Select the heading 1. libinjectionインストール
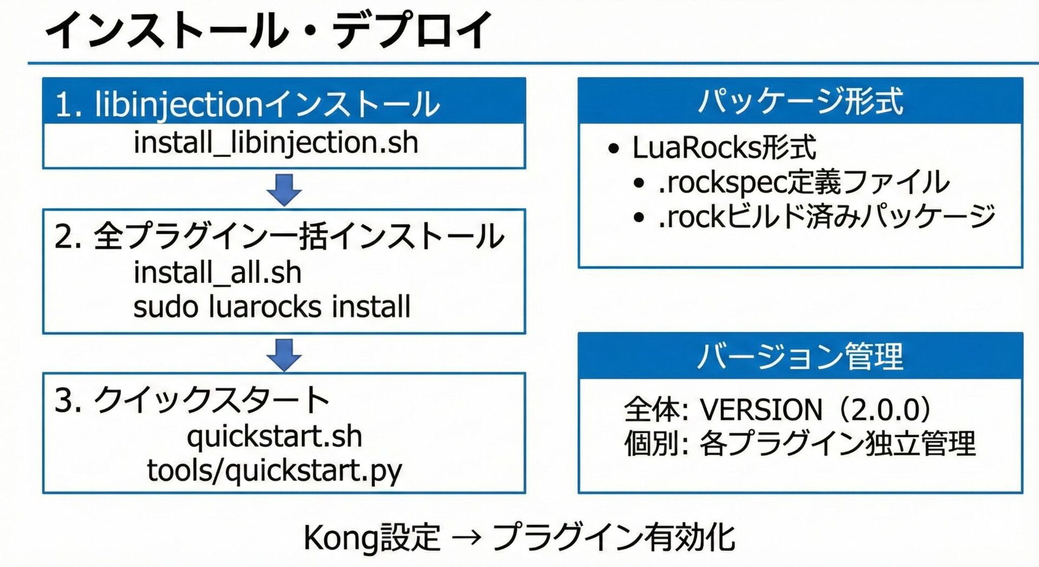pos(247,103)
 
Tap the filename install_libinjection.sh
pos(276,143)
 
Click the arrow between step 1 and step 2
pos(284,189)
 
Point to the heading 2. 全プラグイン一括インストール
pos(279,236)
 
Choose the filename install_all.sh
pos(218,272)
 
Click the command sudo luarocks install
pos(272,307)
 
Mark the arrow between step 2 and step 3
pos(284,354)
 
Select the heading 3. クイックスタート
pos(192,400)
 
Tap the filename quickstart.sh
pos(274,436)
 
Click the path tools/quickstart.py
pos(274,470)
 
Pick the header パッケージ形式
pos(800,101)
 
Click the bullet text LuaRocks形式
pos(724,147)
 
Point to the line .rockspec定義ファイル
pos(804,182)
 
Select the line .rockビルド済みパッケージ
pos(826,217)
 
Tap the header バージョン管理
pos(800,356)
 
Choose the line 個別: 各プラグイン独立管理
pos(800,444)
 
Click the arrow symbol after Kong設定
pos(466,538)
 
